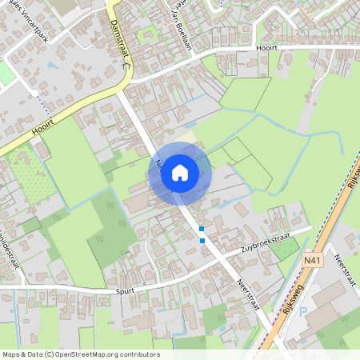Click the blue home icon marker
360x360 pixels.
180,173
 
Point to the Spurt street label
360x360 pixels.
125,290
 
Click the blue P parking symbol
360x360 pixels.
302,313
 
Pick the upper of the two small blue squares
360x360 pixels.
202,230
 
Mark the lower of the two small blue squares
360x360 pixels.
202,240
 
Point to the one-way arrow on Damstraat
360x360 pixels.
125,68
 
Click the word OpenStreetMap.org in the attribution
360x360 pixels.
86,354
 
